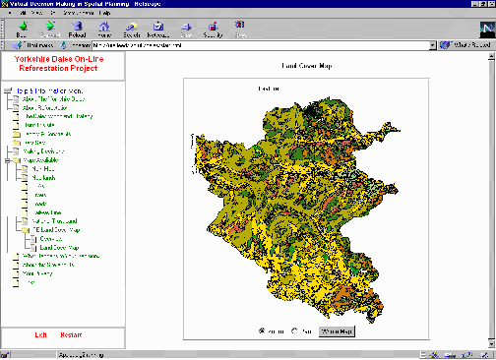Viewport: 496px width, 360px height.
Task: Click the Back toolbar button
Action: coord(22,30)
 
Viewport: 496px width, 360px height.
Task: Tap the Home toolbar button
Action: coord(104,30)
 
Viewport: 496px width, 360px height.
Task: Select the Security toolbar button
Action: coord(213,30)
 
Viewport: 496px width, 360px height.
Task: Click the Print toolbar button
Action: coord(186,30)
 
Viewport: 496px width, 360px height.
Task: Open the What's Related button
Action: coord(467,45)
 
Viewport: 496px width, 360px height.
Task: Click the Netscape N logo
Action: coord(481,29)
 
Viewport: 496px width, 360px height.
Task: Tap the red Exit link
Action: coord(41,335)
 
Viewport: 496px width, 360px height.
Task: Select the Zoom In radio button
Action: coord(262,330)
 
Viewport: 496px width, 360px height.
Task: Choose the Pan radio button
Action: coord(296,330)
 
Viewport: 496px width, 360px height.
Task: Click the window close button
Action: coord(488,4)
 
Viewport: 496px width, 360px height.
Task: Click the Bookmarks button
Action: coord(35,45)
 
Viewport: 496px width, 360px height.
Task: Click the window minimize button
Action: coord(466,4)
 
